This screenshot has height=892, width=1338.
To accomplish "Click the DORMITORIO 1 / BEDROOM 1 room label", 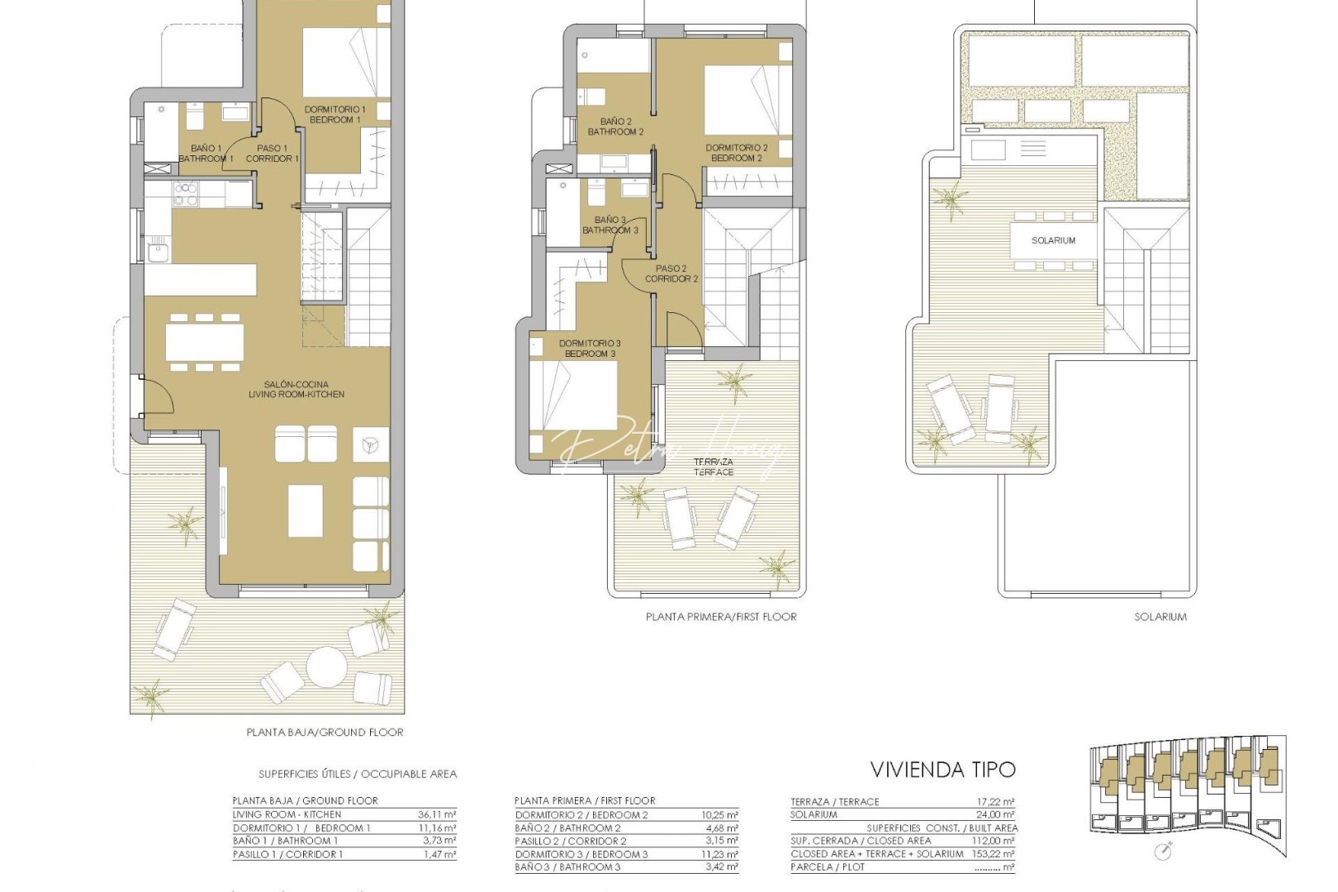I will (x=334, y=115).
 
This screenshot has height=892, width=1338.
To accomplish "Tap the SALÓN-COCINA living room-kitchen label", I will (x=297, y=389).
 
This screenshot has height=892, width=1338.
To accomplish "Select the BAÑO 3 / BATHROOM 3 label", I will (x=610, y=225).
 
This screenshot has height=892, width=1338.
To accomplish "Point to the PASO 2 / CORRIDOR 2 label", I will (x=671, y=273).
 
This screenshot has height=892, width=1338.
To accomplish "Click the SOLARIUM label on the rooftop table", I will (x=1053, y=240).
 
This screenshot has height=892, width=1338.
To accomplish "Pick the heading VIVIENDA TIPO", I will (x=942, y=770).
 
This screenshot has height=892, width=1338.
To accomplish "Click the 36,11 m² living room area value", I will (x=437, y=814).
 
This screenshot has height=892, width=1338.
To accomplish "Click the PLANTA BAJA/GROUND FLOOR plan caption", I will (x=325, y=732).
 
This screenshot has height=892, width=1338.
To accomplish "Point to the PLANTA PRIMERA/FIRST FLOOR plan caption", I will (x=721, y=616).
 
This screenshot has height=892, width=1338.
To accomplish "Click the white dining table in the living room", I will (x=204, y=341).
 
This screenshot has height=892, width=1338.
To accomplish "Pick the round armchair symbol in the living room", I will (x=369, y=444).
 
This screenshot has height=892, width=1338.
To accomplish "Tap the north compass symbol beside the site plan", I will (x=1164, y=851).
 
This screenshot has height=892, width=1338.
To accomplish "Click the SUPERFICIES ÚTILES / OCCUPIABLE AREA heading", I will (x=357, y=774).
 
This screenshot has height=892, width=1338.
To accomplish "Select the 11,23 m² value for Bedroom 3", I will (x=719, y=854).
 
